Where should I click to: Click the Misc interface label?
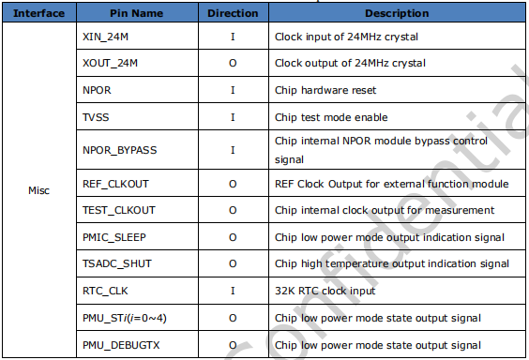[x=39, y=190]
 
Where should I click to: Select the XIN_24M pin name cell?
[x=105, y=37]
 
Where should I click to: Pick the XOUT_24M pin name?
[x=111, y=64]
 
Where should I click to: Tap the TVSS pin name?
[x=96, y=117]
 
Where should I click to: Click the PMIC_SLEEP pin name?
[x=114, y=237]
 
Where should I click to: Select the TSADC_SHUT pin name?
[x=117, y=264]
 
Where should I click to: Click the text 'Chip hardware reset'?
[x=324, y=91]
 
